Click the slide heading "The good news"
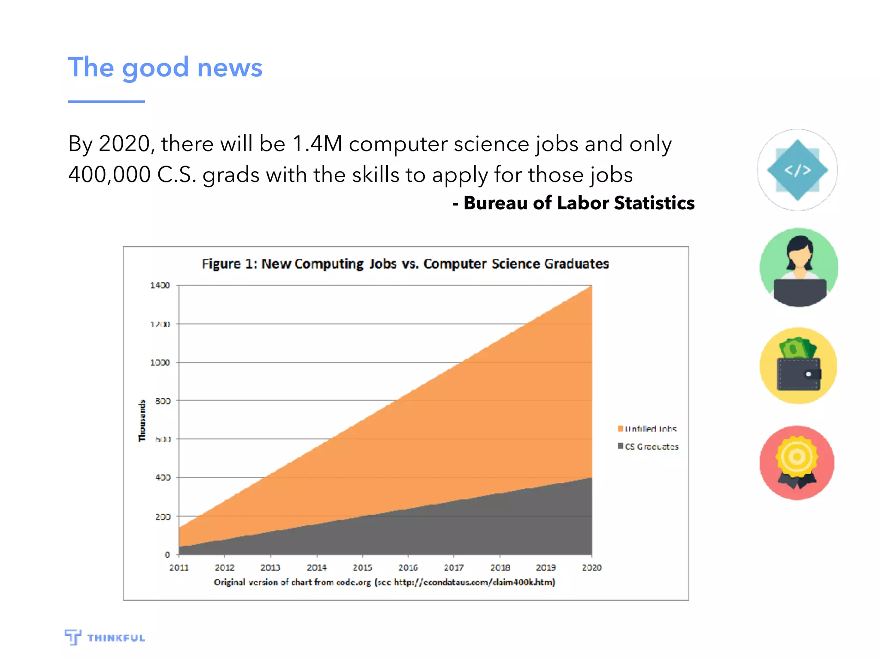[x=165, y=68]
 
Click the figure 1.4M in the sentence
[x=317, y=144]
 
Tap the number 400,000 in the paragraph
[x=109, y=175]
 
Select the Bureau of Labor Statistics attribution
[x=574, y=203]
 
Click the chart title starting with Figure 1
[x=405, y=263]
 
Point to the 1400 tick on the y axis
[x=160, y=285]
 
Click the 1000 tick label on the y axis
[x=160, y=363]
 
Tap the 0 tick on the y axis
[x=167, y=555]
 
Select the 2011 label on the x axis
[x=179, y=568]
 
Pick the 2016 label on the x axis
[x=408, y=568]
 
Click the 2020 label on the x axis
[x=591, y=568]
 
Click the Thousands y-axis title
[x=142, y=420]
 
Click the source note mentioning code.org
[x=384, y=582]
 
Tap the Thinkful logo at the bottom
[x=105, y=638]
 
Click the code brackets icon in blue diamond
[x=797, y=170]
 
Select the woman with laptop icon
[x=798, y=267]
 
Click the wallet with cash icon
[x=798, y=366]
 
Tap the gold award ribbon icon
[x=797, y=463]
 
